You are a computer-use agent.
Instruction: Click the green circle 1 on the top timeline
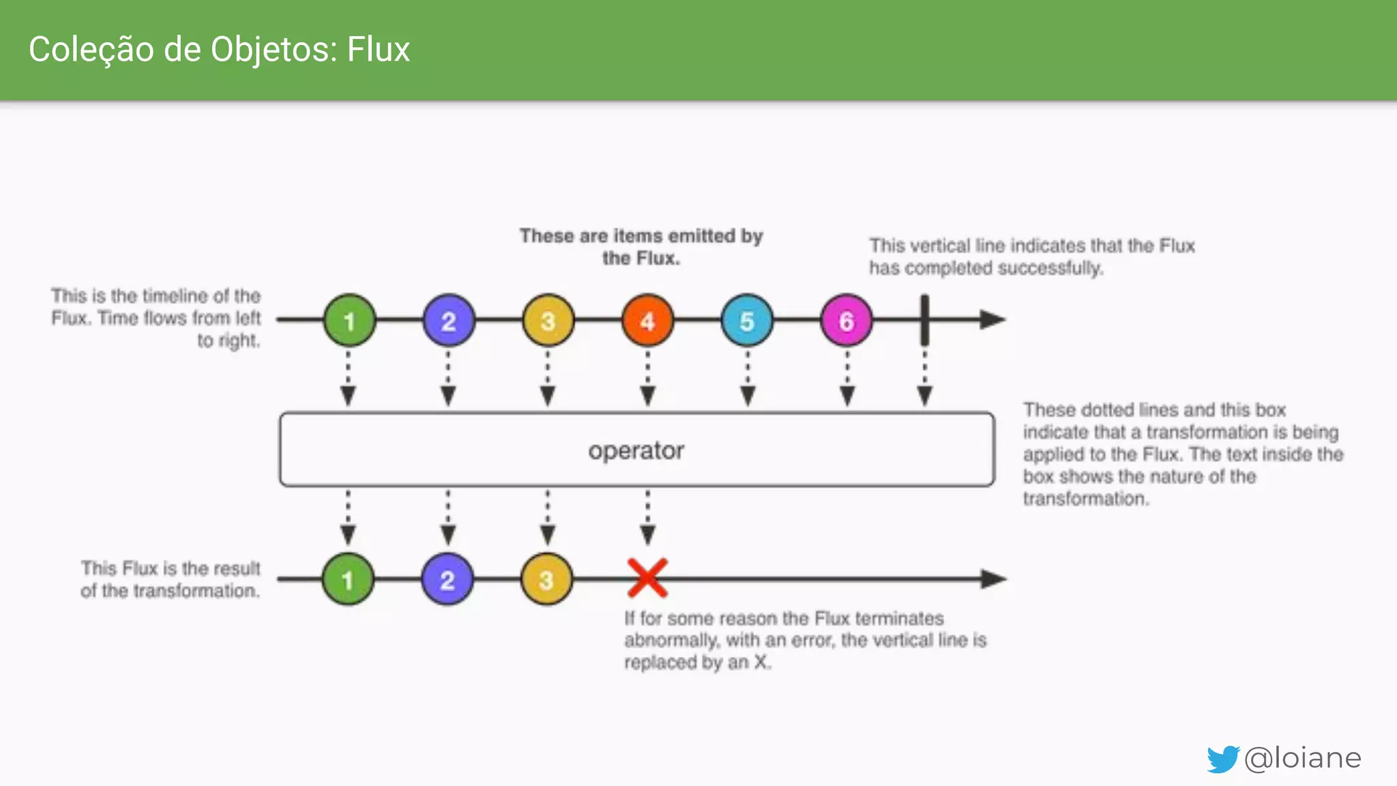click(x=349, y=321)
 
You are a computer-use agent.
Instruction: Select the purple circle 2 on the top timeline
click(x=448, y=321)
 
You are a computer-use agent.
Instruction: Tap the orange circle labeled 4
click(x=647, y=321)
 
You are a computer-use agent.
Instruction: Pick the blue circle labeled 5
click(x=747, y=321)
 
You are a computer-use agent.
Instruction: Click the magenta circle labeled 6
click(x=847, y=321)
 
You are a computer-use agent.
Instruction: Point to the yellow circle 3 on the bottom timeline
click(x=546, y=580)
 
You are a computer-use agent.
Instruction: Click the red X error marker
click(x=647, y=579)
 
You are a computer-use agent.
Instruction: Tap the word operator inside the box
click(x=636, y=450)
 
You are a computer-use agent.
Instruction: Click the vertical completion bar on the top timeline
click(x=925, y=320)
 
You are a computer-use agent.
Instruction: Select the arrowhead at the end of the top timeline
click(x=992, y=319)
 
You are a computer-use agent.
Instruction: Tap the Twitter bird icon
click(x=1222, y=759)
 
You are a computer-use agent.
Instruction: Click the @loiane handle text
click(x=1303, y=758)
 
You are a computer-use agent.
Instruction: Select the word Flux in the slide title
click(x=378, y=50)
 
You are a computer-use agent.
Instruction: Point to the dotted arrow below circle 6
click(x=847, y=379)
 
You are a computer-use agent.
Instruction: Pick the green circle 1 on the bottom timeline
click(x=348, y=580)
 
